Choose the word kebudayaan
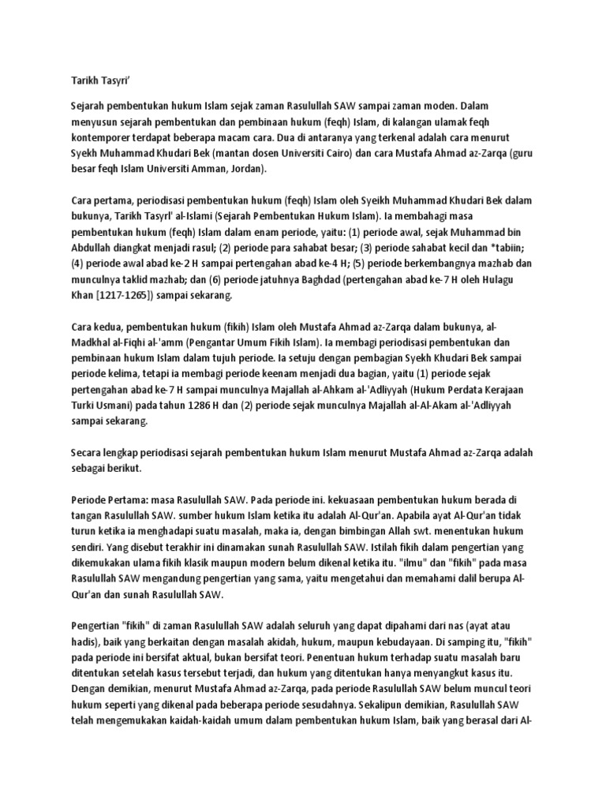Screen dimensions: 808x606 pos(380,643)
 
